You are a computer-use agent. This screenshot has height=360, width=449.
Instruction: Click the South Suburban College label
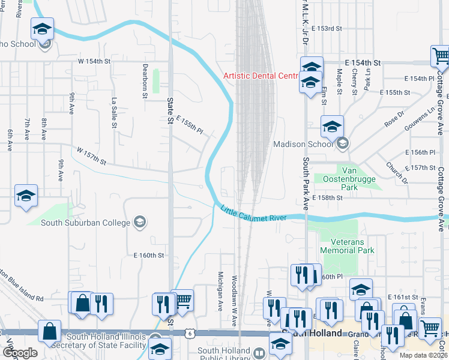tap(85, 223)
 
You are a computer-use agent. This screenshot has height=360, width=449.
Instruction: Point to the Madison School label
tap(303, 144)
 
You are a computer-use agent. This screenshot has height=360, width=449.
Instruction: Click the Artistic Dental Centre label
tap(261, 76)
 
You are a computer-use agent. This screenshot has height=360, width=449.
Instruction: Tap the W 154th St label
tap(94, 61)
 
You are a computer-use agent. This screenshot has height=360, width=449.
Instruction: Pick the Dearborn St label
tap(145, 81)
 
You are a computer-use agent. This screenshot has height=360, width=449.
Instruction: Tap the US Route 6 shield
tap(189, 332)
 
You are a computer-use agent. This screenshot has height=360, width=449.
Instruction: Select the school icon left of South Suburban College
tap(26, 196)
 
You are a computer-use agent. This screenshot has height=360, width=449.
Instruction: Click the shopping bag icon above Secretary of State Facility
tap(49, 331)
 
